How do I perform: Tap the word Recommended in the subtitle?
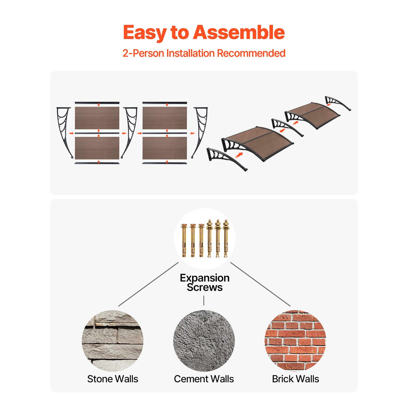pos(251,53)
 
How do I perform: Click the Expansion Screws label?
pos(205,282)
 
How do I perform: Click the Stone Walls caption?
pos(113,379)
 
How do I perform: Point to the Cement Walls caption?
pos(204,379)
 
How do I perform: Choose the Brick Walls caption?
pos(295,379)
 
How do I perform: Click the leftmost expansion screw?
pos(184,240)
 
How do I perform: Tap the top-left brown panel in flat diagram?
pos(97,118)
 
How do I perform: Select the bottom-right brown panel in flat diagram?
pos(165,148)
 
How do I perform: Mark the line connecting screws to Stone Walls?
pos(148,284)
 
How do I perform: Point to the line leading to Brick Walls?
pos(260,284)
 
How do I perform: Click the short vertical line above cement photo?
pos(204,300)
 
